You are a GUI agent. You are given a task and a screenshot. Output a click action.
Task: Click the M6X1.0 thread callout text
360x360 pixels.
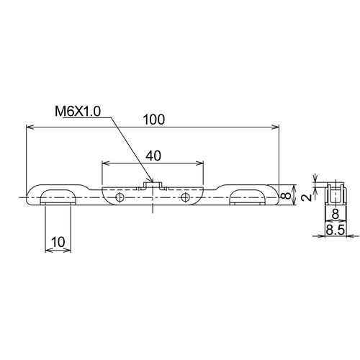point(78,112)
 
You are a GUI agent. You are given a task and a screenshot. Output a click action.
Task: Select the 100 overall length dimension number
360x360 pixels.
point(154,120)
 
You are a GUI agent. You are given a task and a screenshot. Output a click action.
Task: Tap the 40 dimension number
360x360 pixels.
point(153,156)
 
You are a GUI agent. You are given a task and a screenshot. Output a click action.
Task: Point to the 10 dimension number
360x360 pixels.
point(58,242)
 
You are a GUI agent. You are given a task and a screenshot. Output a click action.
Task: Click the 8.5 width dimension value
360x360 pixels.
point(336,230)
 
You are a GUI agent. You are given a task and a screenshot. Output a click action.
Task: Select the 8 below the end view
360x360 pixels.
point(336,214)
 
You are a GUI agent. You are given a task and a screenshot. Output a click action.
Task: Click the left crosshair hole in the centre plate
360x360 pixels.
point(120,198)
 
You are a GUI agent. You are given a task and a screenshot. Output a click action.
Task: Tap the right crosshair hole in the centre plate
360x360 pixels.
point(185,197)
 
